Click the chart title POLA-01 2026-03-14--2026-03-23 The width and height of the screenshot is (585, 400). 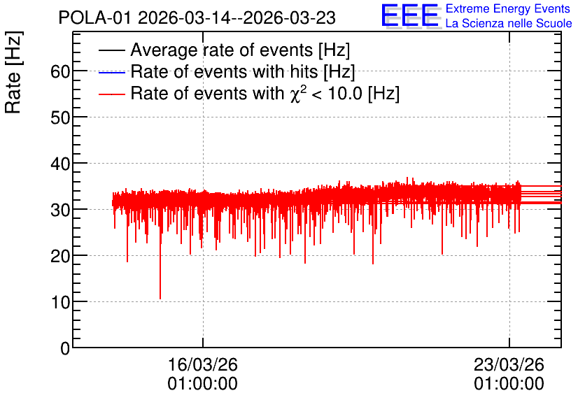[197, 18]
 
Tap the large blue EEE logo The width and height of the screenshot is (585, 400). [410, 15]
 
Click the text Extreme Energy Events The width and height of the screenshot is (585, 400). [508, 8]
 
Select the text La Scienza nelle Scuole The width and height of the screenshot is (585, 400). [509, 23]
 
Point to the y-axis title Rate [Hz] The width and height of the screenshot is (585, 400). [13, 72]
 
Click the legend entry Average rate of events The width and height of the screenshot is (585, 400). [240, 50]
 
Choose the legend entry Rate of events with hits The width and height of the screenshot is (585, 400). [243, 71]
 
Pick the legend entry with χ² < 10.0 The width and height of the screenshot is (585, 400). [265, 93]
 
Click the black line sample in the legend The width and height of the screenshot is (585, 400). [111, 50]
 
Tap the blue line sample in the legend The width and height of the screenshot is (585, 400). [111, 72]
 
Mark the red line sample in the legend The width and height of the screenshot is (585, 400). [111, 94]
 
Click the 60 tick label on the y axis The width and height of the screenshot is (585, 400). [60, 71]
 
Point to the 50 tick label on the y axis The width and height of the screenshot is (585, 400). [60, 117]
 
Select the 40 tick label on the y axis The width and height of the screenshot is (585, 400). [60, 164]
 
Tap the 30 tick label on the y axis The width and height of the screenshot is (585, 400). [60, 210]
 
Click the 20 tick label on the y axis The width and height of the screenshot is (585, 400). [60, 256]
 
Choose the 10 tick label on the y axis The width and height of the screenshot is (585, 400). [60, 302]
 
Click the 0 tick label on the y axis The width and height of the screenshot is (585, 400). [65, 348]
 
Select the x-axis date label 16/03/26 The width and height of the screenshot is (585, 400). [203, 364]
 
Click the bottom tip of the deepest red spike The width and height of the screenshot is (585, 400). [160, 299]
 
